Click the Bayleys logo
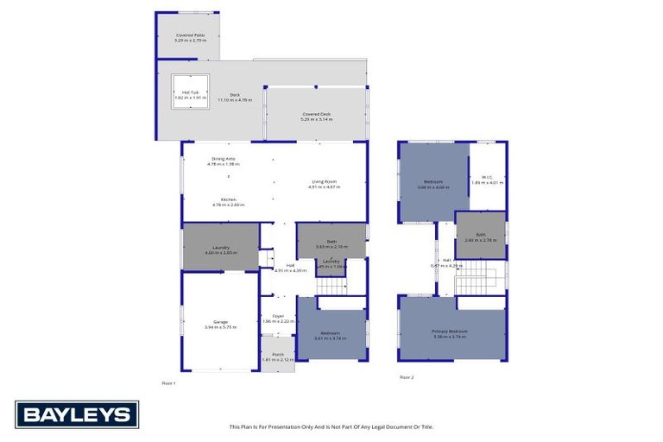tap(77, 414)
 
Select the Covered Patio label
tap(187, 35)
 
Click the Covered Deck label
tap(316, 114)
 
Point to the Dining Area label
tap(224, 158)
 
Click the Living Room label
tap(324, 181)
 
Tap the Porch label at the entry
tap(278, 354)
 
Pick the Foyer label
tap(278, 316)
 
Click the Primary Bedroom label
tap(449, 331)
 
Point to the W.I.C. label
tap(487, 178)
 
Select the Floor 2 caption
tap(407, 377)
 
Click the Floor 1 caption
tap(168, 382)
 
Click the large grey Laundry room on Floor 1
tap(220, 248)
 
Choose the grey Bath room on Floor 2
tap(480, 236)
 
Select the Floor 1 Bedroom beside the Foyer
tap(331, 333)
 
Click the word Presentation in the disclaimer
tap(298, 426)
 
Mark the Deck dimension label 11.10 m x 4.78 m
tap(234, 100)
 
